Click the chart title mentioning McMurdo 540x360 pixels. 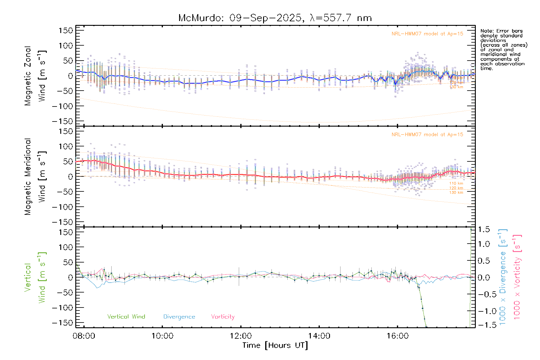click(275, 18)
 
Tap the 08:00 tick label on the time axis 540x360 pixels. click(84, 336)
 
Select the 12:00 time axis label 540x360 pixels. click(241, 336)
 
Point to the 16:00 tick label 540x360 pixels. click(397, 336)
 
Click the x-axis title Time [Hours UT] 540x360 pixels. click(275, 345)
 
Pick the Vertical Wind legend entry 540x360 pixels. click(126, 316)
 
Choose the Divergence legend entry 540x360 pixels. click(179, 316)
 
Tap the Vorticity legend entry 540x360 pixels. click(223, 316)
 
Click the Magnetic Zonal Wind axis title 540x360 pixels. click(35, 76)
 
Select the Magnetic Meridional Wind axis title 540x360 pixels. click(35, 176)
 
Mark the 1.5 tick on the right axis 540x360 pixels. click(484, 229)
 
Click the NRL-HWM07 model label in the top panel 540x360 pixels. click(427, 34)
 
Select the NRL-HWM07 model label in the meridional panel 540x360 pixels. click(427, 135)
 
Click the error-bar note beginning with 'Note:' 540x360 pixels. click(504, 49)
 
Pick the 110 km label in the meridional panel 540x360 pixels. click(456, 183)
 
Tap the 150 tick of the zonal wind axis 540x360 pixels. click(66, 30)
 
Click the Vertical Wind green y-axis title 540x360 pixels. click(35, 277)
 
